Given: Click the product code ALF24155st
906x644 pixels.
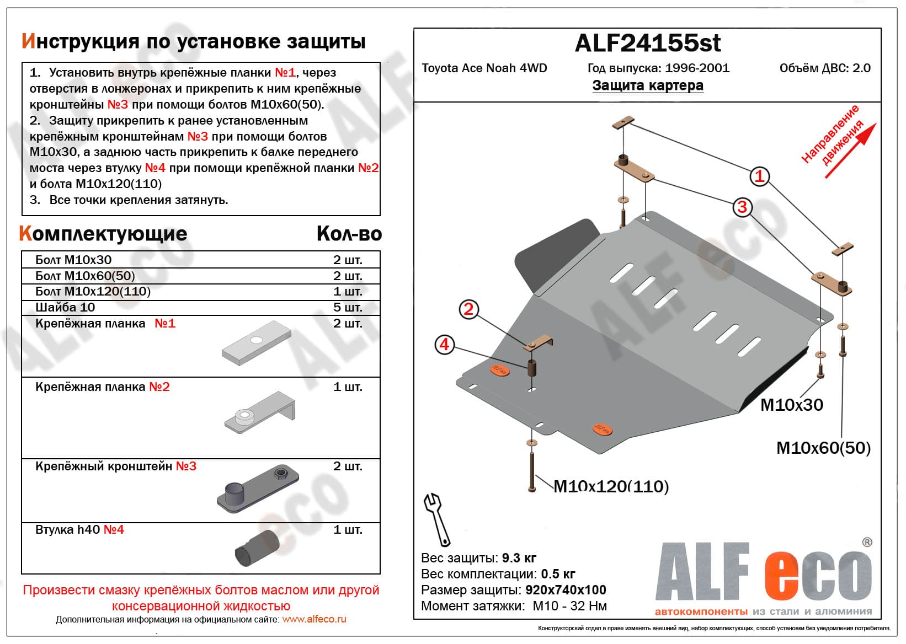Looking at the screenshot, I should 647,43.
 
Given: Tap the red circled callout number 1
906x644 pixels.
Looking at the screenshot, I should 760,176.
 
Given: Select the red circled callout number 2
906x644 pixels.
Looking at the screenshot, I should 468,309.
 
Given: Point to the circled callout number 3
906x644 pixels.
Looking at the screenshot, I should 742,207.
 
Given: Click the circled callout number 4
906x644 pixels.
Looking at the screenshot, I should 444,345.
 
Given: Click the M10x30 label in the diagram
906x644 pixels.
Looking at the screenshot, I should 791,405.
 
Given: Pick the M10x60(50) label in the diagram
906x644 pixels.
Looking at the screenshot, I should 823,448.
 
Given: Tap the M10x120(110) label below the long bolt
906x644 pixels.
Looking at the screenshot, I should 611,486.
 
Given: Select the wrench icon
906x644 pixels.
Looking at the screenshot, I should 436,518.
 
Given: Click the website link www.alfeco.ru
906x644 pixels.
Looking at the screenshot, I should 314,619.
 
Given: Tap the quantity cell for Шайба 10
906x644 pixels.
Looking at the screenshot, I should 348,307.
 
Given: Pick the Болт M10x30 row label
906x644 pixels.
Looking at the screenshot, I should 73,260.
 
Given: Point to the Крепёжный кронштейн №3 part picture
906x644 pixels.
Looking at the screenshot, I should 258,489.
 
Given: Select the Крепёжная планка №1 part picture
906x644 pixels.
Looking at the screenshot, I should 257,343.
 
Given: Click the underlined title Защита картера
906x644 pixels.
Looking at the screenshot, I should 648,85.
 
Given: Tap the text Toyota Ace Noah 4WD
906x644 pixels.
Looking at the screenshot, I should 484,68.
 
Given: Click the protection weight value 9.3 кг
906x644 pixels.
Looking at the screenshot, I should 519,558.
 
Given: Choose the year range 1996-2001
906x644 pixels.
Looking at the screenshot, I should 697,68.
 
